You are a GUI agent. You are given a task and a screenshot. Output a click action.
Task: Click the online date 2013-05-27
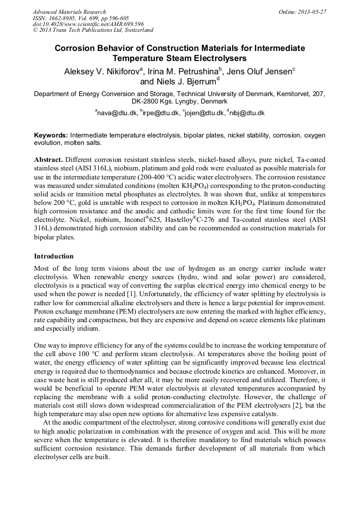point(312,12)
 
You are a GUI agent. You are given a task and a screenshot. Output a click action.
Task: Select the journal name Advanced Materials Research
point(69,12)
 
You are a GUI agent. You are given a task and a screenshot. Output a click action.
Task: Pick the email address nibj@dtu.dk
point(246,113)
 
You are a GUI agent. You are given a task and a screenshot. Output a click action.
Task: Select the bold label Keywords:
point(50,135)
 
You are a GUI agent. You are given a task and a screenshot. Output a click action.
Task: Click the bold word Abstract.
point(49,159)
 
